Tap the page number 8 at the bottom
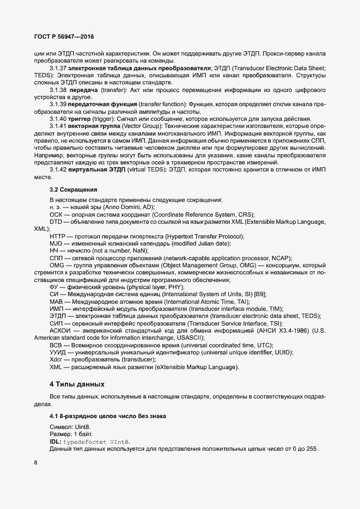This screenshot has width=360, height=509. [36, 463]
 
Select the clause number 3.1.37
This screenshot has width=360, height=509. [58, 68]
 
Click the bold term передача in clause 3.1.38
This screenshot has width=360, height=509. [84, 89]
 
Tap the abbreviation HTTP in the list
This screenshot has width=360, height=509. [57, 236]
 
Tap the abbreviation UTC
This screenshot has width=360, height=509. [263, 345]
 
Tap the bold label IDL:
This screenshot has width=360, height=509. [56, 441]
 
